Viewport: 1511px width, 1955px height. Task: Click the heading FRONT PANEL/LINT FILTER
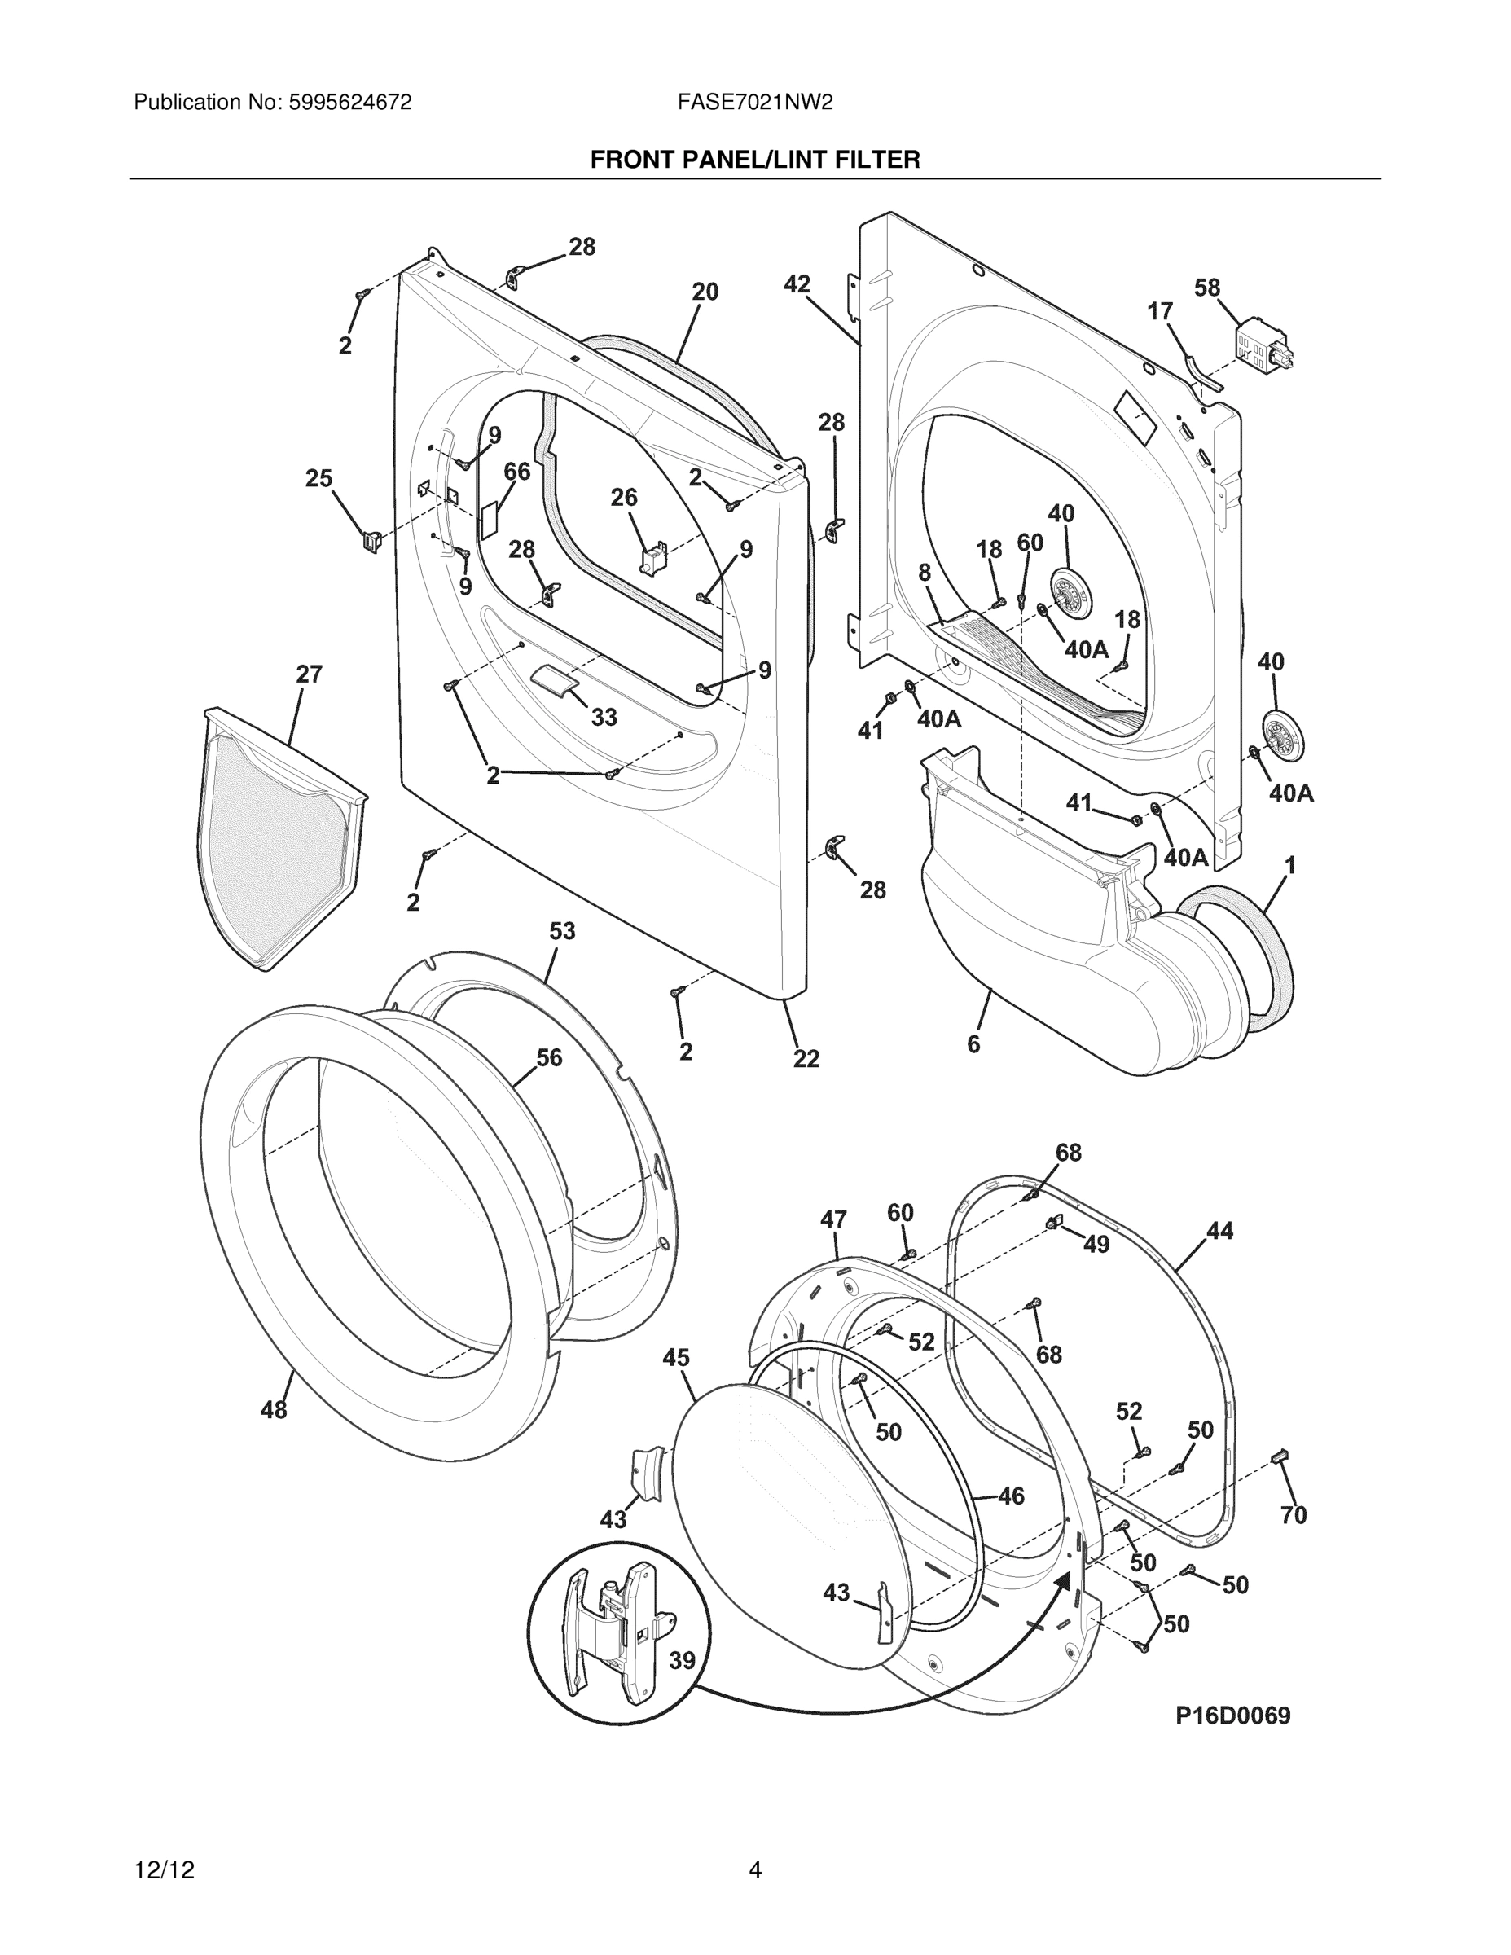[754, 160]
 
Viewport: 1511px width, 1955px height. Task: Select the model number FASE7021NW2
[754, 103]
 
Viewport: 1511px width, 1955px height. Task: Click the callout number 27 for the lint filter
[309, 674]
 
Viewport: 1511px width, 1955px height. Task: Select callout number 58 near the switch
[1206, 288]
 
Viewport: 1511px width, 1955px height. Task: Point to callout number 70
[1294, 1514]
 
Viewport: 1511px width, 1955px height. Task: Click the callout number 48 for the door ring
[274, 1410]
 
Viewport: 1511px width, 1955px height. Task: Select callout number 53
[562, 931]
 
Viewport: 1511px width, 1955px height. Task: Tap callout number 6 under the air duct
[973, 1043]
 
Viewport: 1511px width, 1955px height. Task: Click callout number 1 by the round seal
[1290, 866]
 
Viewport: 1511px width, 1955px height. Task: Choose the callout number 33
[604, 717]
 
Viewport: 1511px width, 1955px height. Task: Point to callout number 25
[318, 479]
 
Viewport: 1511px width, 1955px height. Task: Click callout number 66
[516, 472]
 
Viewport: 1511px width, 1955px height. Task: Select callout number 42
[797, 283]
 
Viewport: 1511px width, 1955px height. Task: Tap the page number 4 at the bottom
[754, 1870]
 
